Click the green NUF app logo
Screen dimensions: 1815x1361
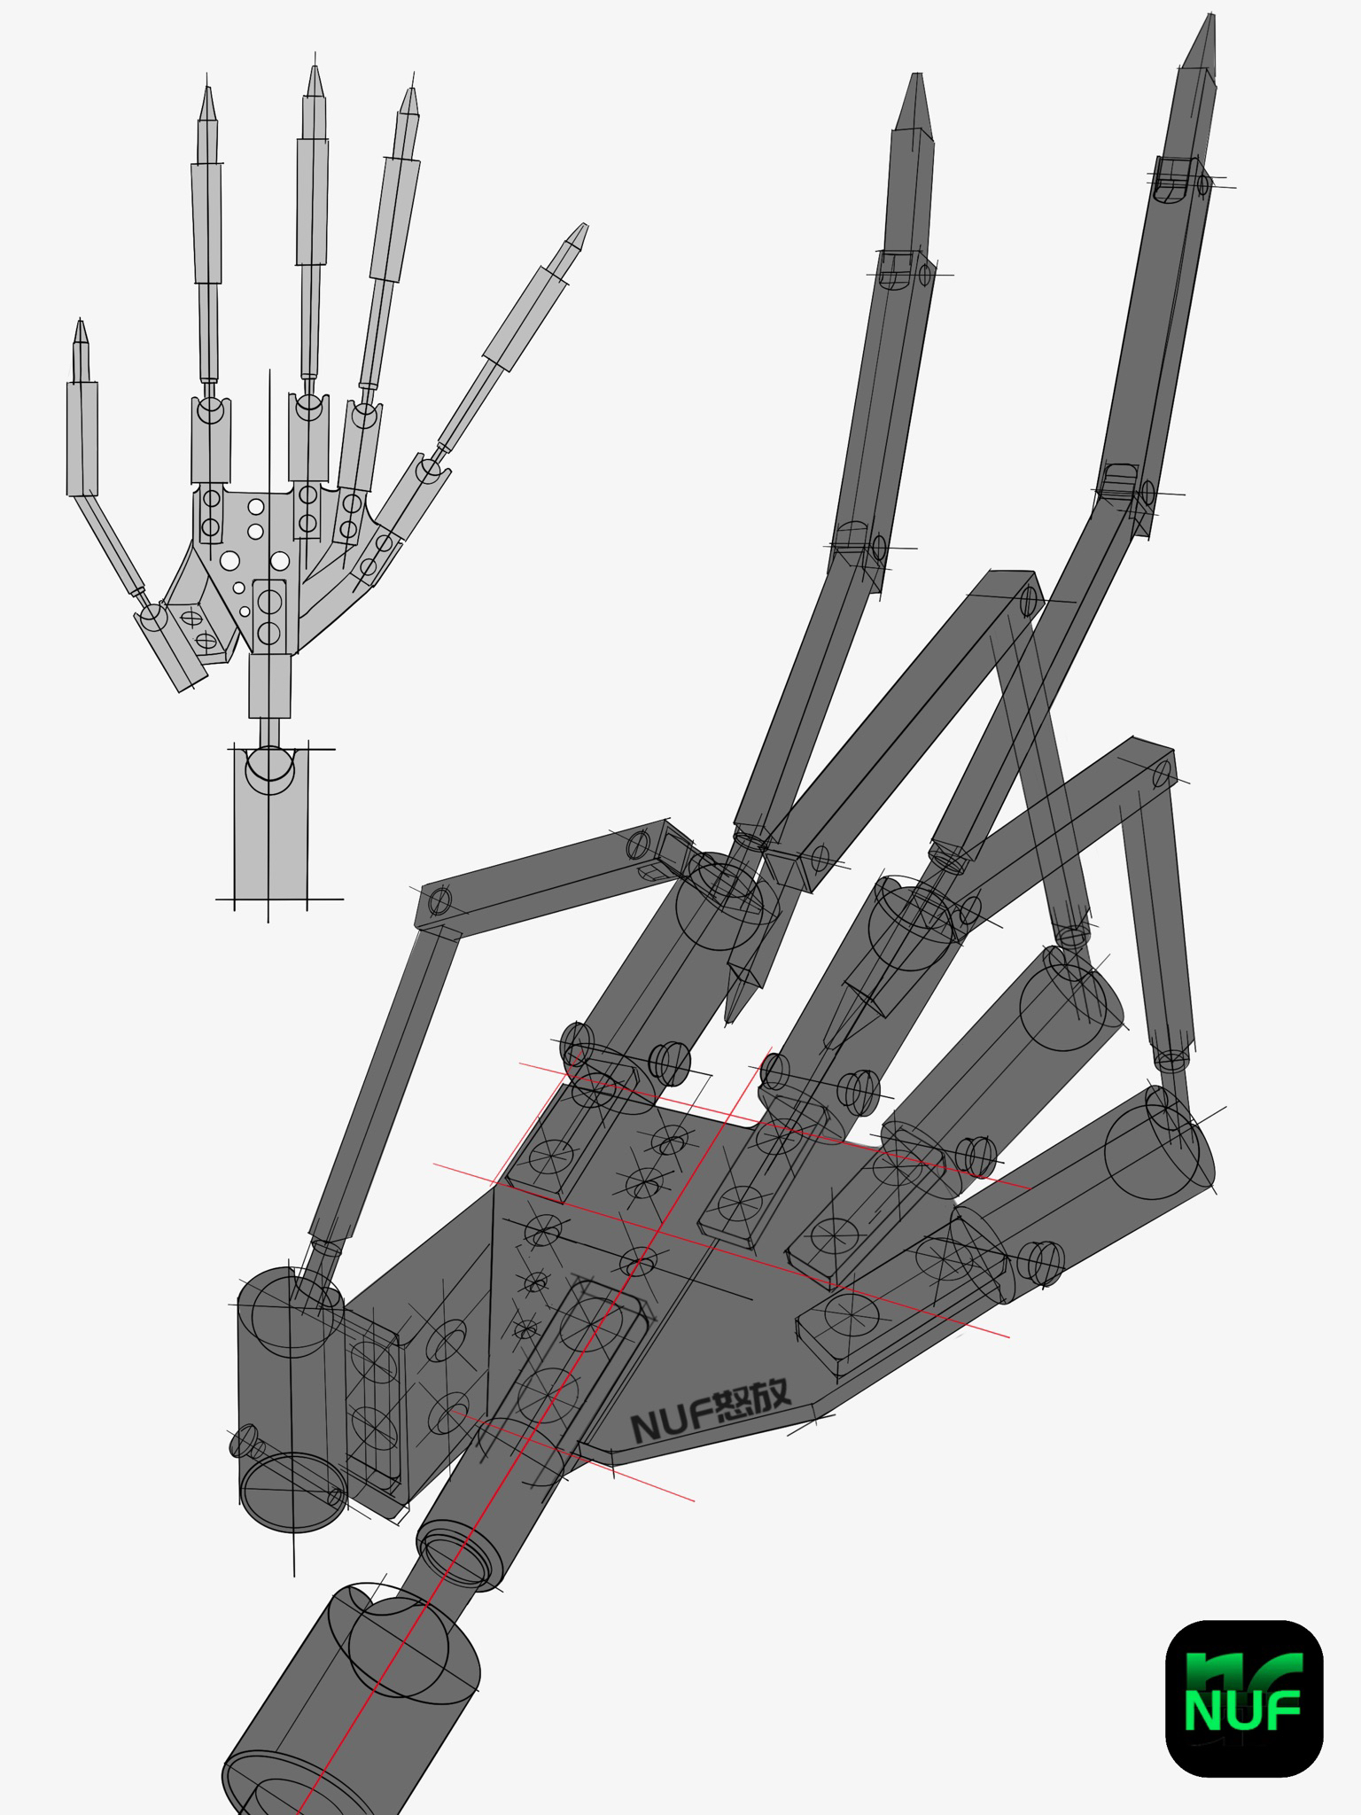[1243, 1696]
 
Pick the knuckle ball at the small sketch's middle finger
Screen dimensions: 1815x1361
[307, 407]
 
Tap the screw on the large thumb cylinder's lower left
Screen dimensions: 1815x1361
[246, 1441]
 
